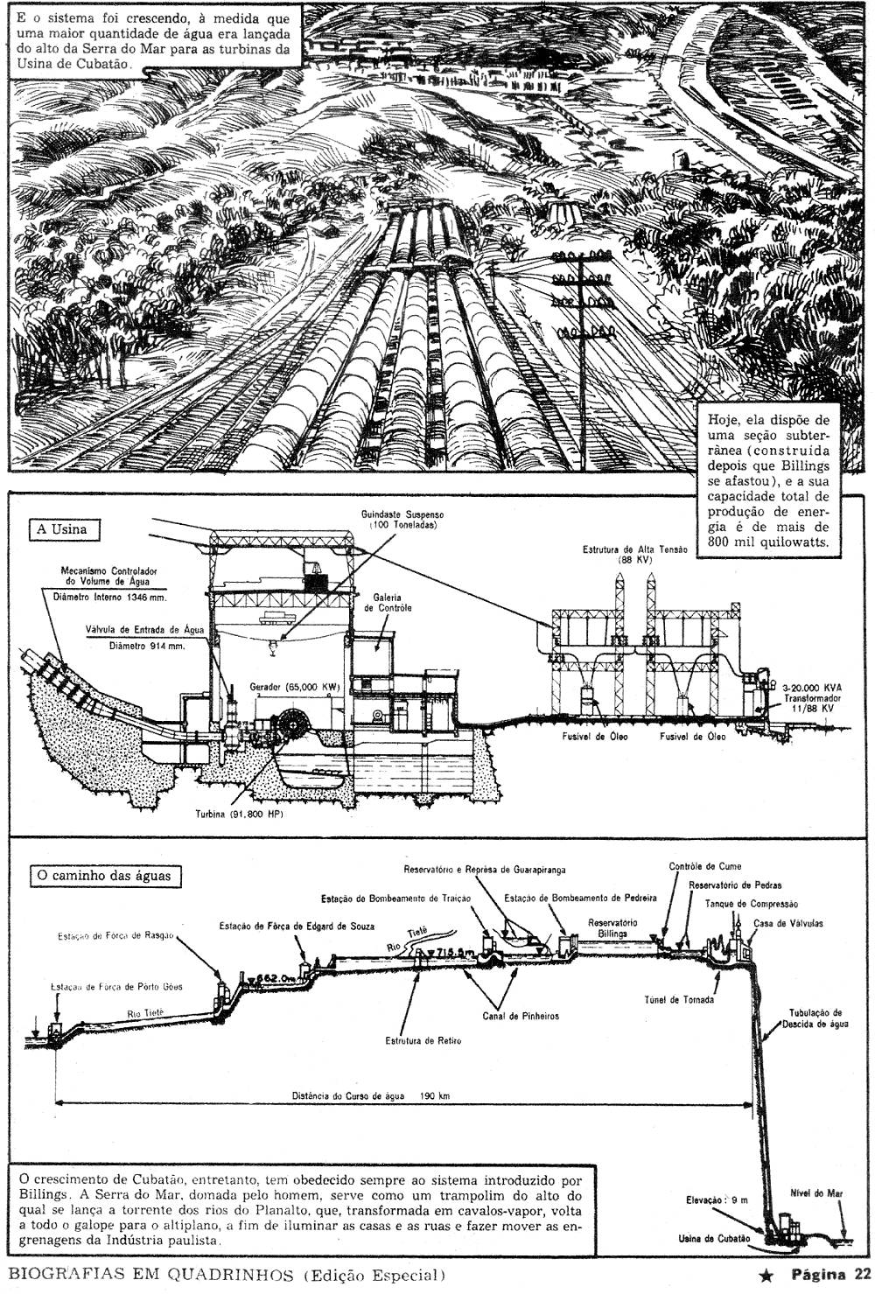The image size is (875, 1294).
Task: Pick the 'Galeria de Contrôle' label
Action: [391, 602]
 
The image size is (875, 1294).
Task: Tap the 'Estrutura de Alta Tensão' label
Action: [636, 549]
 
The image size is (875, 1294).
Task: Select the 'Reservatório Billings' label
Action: [612, 928]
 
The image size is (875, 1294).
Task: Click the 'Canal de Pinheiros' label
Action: [520, 1016]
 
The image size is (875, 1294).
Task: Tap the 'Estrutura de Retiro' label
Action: [423, 1040]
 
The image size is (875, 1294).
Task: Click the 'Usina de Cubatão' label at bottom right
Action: [715, 1238]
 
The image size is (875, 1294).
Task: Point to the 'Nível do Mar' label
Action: [815, 1193]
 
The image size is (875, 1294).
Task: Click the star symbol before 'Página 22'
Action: [766, 1275]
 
